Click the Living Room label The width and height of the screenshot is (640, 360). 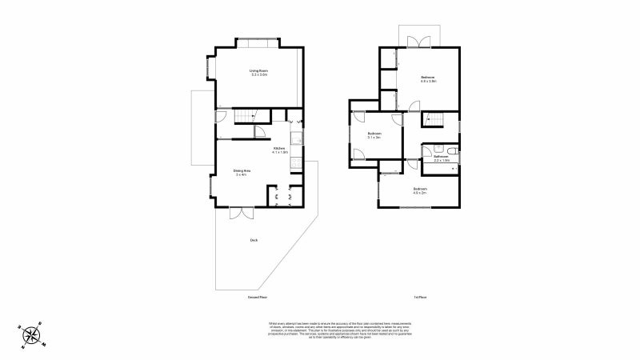pyautogui.click(x=258, y=73)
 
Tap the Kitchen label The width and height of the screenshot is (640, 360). pyautogui.click(x=280, y=150)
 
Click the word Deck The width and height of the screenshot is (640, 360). pyautogui.click(x=254, y=239)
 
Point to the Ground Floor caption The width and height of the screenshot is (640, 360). pyautogui.click(x=257, y=297)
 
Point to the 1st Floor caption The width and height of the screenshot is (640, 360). pyautogui.click(x=420, y=297)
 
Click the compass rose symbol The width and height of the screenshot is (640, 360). pyautogui.click(x=31, y=334)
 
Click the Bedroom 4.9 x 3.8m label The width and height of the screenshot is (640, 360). pyautogui.click(x=428, y=78)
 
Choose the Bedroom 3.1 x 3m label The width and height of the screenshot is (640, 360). pyautogui.click(x=374, y=135)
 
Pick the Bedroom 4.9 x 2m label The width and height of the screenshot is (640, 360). pyautogui.click(x=420, y=190)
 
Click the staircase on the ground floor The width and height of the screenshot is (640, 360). pyautogui.click(x=245, y=118)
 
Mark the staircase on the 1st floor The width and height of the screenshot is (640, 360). pyautogui.click(x=433, y=119)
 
